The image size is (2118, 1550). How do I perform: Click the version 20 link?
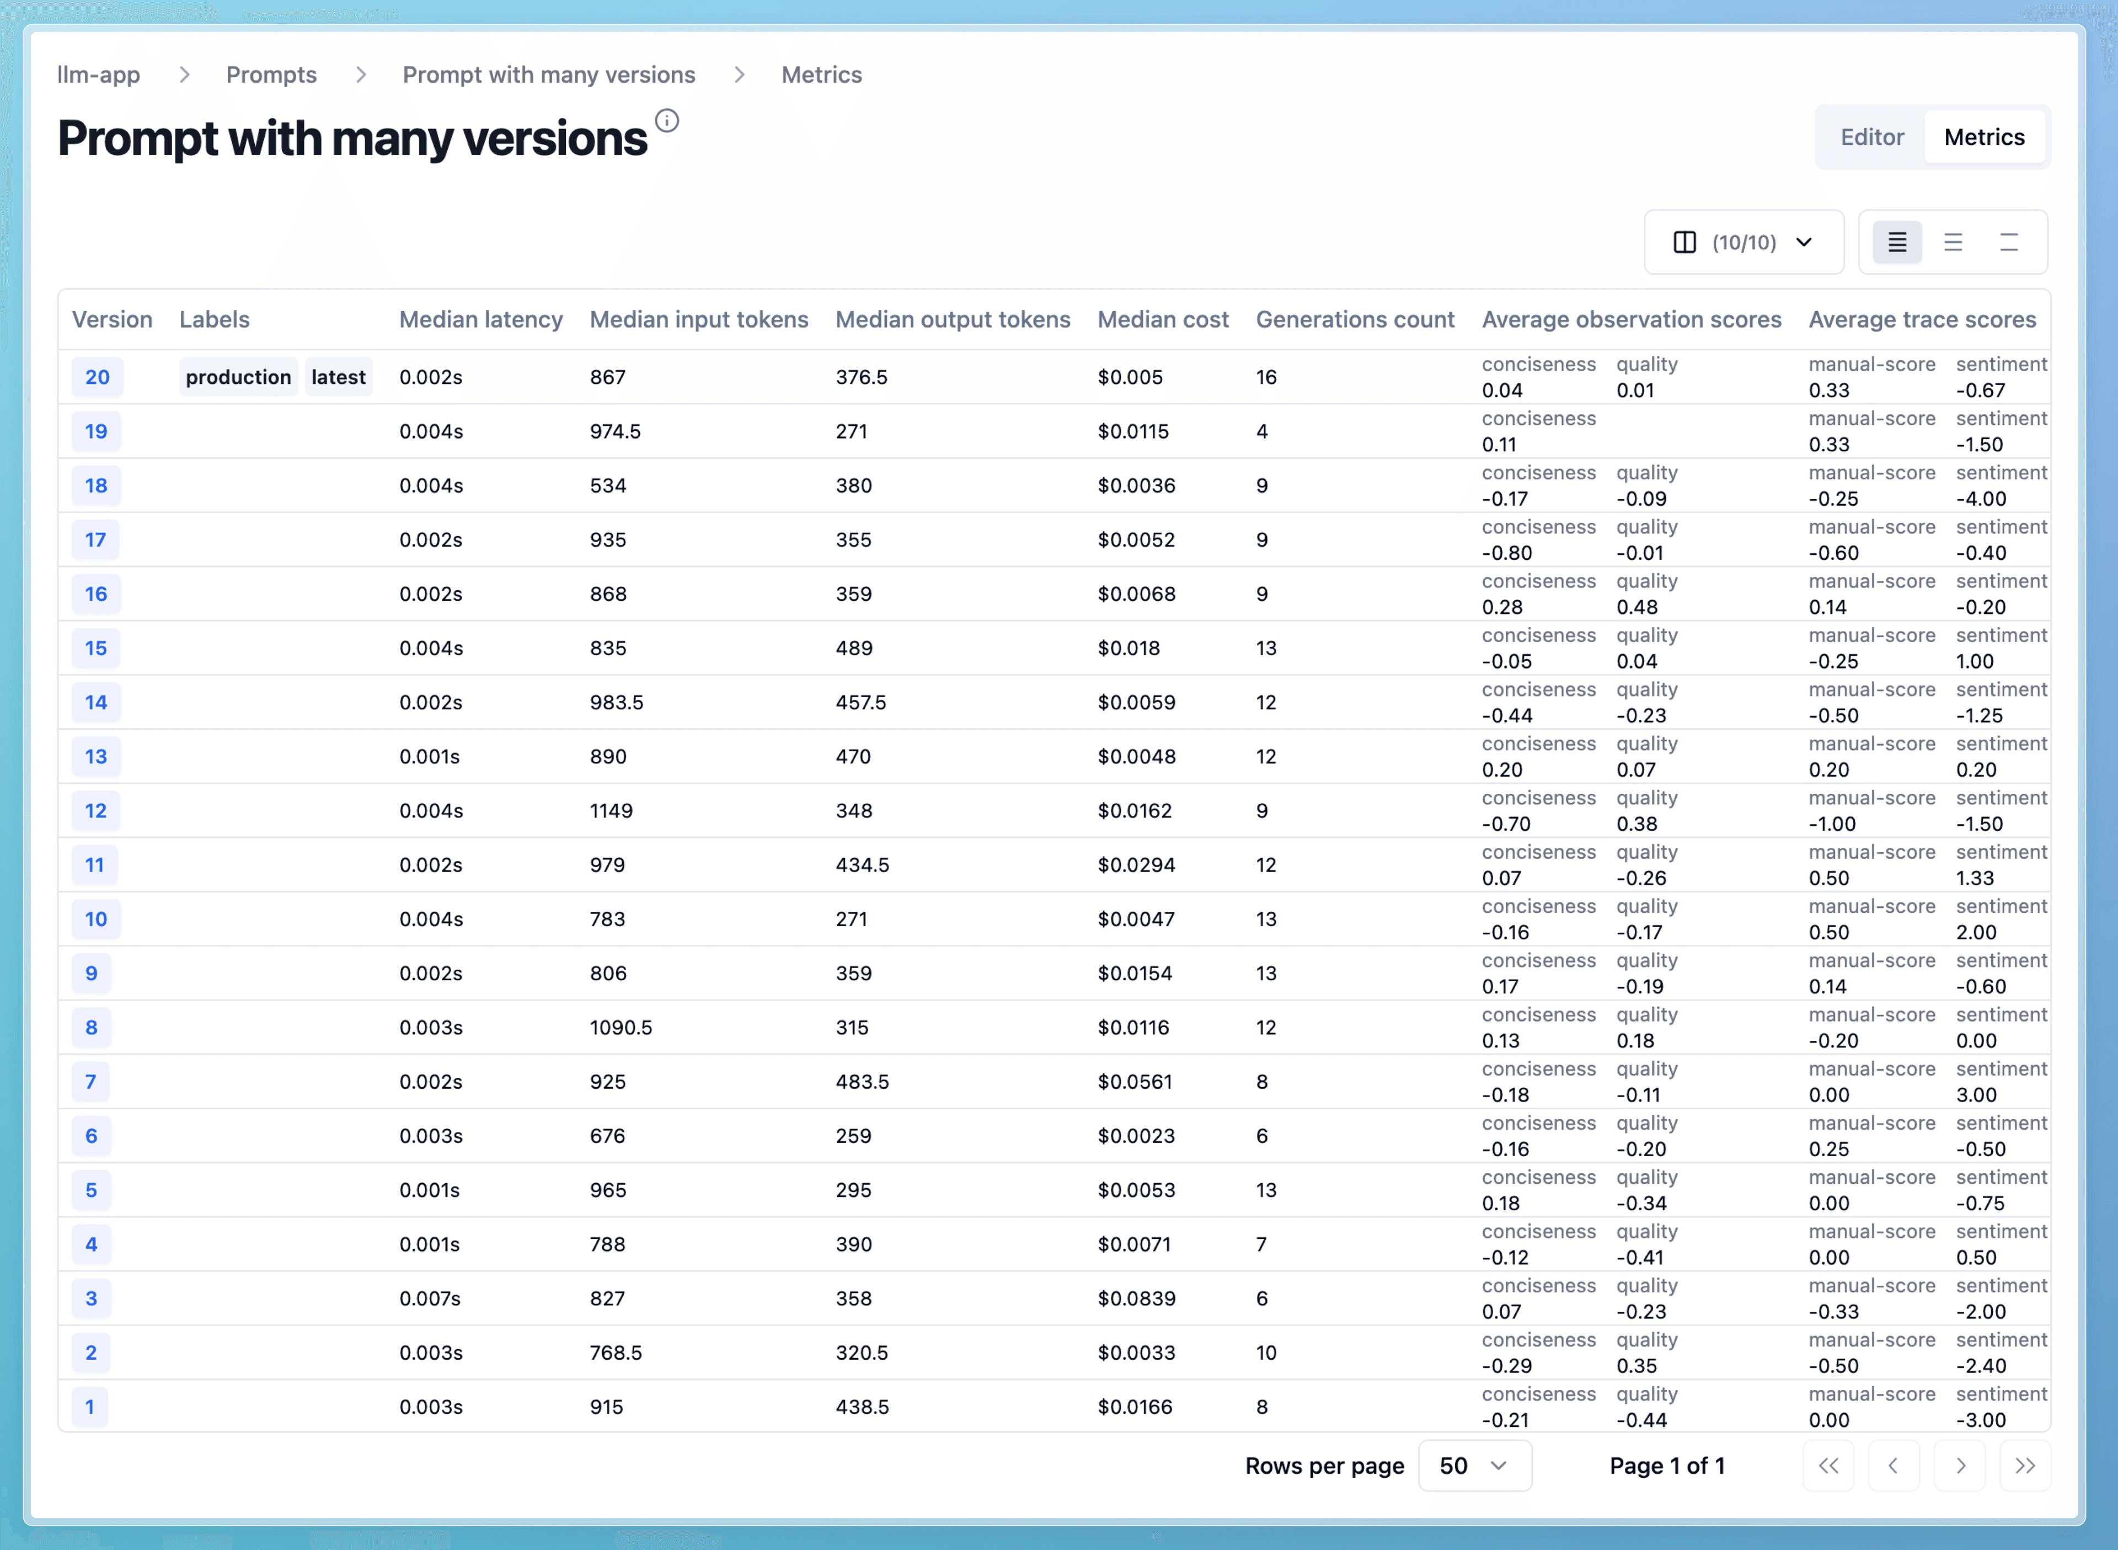[x=97, y=377]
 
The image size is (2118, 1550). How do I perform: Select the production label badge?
[x=238, y=377]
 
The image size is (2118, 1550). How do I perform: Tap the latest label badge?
[x=338, y=377]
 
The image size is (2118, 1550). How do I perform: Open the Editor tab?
[x=1871, y=137]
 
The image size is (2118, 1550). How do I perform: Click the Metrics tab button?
[x=1984, y=137]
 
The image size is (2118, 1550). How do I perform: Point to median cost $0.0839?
[x=1136, y=1298]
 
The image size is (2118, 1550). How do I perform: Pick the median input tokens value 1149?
[x=611, y=811]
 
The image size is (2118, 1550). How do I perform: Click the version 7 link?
[x=91, y=1082]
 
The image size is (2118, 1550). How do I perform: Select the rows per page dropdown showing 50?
[x=1474, y=1466]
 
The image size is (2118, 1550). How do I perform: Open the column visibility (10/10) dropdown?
[x=1743, y=242]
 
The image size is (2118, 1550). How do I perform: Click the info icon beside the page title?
[x=667, y=120]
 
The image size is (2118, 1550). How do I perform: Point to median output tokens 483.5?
[x=862, y=1082]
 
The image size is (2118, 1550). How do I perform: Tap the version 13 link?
[x=95, y=756]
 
